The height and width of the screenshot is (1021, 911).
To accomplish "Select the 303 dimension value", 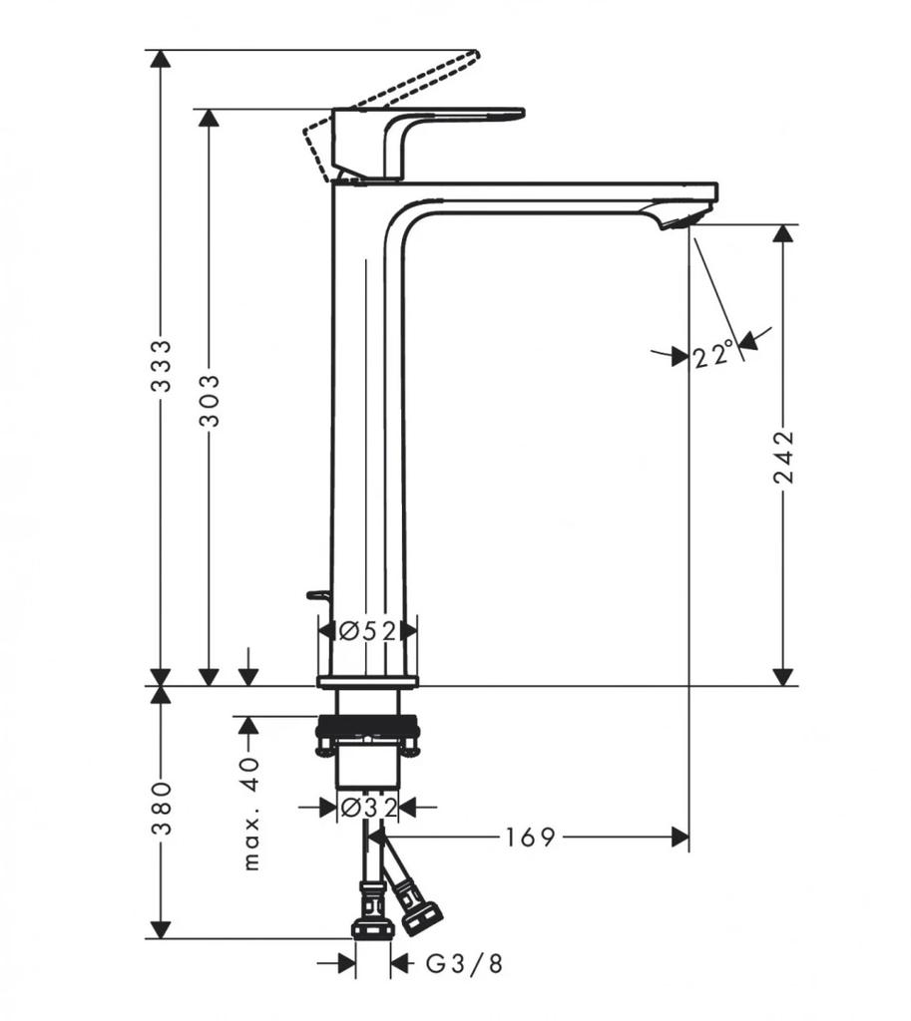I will [x=211, y=400].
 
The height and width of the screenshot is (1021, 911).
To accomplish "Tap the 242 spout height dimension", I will [x=785, y=457].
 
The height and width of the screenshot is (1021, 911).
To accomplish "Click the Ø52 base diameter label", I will [x=367, y=630].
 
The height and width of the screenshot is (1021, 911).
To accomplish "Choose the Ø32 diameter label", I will [x=368, y=807].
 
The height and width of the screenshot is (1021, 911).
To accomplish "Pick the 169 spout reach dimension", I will [x=530, y=838].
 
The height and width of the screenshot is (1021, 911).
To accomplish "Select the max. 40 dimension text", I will [x=250, y=813].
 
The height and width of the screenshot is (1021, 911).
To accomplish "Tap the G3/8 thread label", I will [x=465, y=964].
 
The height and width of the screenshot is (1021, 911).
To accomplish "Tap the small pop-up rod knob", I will [x=318, y=596].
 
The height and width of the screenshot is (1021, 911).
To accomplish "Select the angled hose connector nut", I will [x=422, y=915].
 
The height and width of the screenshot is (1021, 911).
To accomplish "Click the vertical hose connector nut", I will [x=373, y=925].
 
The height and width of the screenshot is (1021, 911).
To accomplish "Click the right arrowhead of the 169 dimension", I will [x=681, y=838].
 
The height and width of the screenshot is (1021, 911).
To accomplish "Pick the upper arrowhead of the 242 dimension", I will [x=784, y=234].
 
